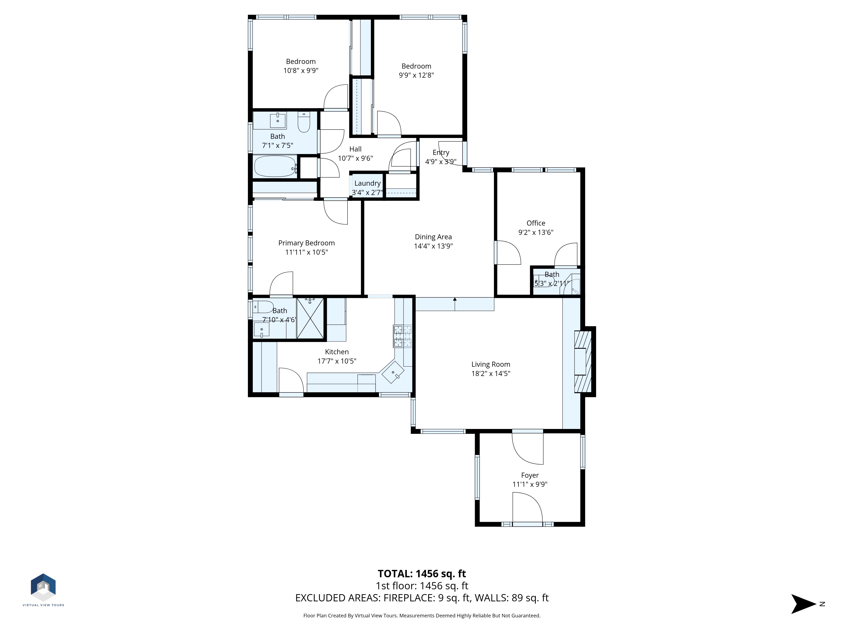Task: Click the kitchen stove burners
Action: point(403,336)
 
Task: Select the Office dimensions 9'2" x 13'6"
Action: point(536,232)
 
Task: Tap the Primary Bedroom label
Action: point(306,243)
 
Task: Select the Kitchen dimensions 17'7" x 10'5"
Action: point(337,361)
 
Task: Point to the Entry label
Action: point(441,153)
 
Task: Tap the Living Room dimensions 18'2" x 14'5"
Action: point(491,373)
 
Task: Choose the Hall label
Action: point(355,149)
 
